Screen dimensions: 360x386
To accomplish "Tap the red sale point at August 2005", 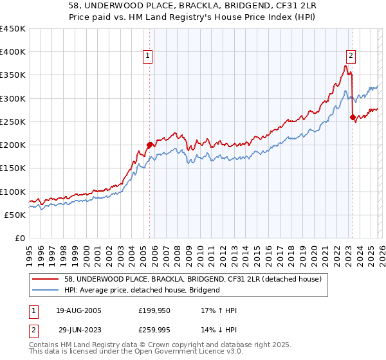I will (x=149, y=145).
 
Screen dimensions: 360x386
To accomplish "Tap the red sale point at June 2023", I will (x=353, y=117).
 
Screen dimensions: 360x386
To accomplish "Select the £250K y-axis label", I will (x=13, y=122).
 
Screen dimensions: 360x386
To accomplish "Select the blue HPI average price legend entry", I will (x=142, y=290).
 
